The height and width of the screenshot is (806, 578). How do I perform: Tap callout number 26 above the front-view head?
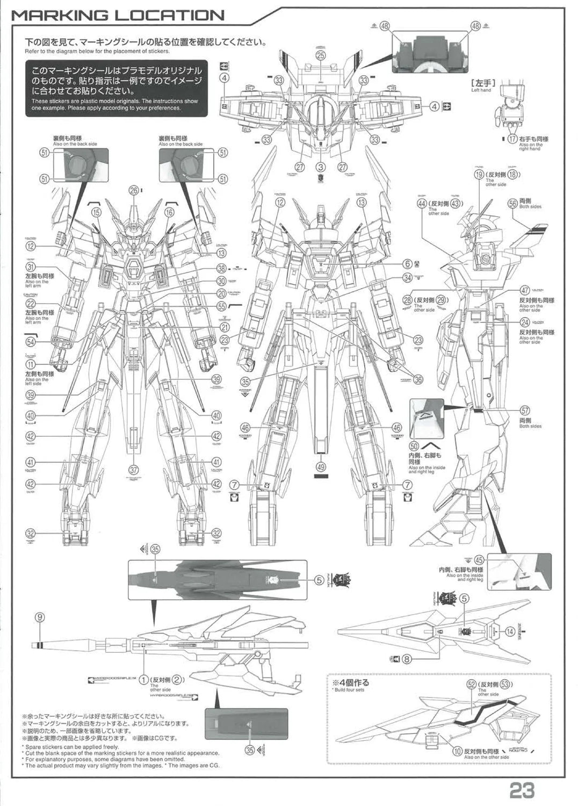pos(134,189)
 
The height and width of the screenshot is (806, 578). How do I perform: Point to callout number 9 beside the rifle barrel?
pos(39,617)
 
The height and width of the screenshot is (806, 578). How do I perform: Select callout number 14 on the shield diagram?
pos(510,632)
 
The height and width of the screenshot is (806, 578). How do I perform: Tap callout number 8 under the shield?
pos(407,658)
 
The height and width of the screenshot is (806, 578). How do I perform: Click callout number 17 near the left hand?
pos(512,138)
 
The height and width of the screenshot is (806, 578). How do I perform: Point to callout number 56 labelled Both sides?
pos(512,203)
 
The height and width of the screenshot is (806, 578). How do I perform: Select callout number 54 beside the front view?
pos(31,342)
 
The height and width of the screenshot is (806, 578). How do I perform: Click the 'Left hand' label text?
pos(481,90)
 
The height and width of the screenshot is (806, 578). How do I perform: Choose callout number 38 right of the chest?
pos(221,269)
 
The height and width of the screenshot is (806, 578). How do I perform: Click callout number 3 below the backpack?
pos(321,168)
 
